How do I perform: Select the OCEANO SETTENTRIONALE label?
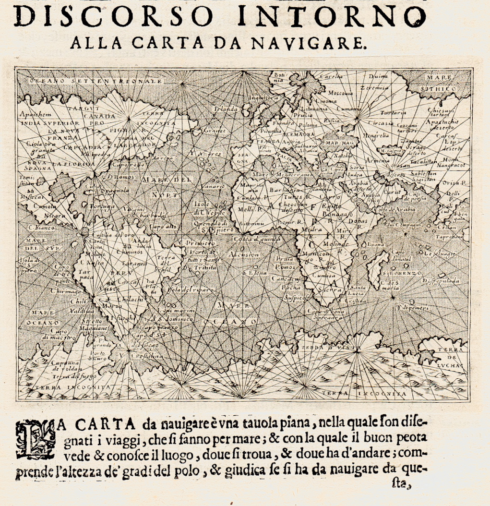pyautogui.click(x=96, y=81)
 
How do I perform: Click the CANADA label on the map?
pyautogui.click(x=99, y=116)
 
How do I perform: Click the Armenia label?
pyautogui.click(x=378, y=160)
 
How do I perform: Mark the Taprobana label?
pyautogui.click(x=449, y=237)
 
